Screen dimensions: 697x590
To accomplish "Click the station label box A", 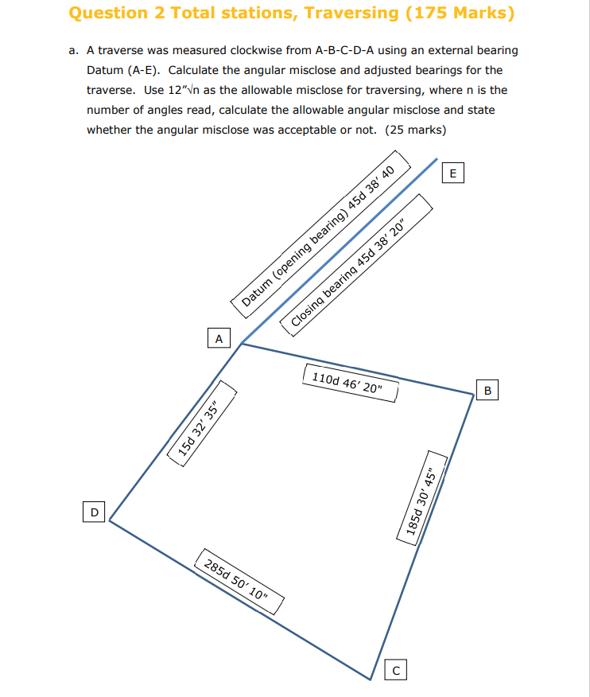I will (218, 338).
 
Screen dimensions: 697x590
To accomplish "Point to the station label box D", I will (94, 512).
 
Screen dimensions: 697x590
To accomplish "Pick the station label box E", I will (453, 173).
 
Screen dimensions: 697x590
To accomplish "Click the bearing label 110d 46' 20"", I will (350, 384).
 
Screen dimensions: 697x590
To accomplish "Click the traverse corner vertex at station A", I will (242, 344).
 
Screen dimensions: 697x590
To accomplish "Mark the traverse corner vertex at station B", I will (474, 392).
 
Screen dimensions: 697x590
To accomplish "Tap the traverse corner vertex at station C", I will (371, 679).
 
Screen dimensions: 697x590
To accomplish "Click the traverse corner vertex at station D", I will (109, 520).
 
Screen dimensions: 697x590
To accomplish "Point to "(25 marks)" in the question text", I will (415, 130).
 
